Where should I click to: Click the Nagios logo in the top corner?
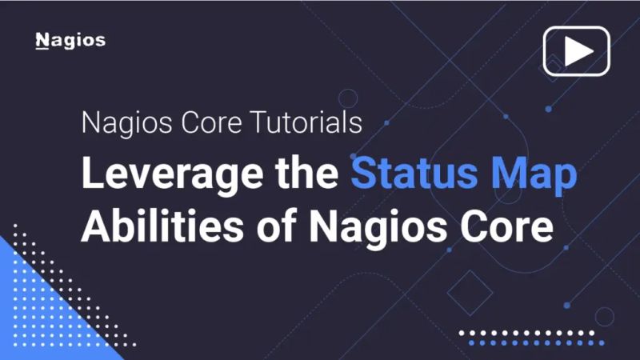click(x=70, y=41)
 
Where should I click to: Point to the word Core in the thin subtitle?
click(x=210, y=125)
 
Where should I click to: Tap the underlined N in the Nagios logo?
click(x=42, y=41)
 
